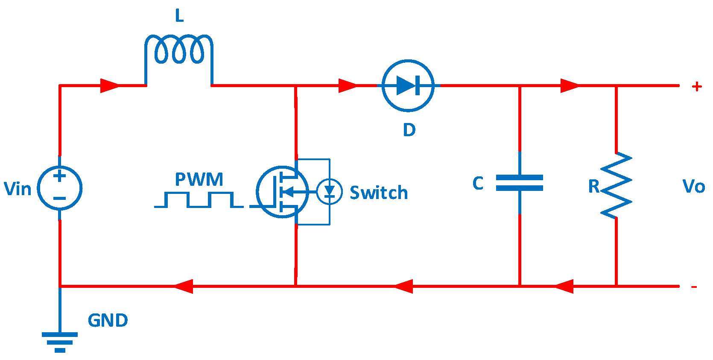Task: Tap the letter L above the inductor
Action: point(179,16)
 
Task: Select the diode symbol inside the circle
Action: point(408,85)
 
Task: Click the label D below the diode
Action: point(409,130)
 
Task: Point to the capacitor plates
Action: point(520,183)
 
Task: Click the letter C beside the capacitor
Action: point(478,183)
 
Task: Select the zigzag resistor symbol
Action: point(616,185)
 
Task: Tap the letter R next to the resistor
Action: point(594,186)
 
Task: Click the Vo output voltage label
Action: point(693,187)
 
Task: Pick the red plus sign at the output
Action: point(697,86)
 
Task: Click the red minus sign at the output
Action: point(694,287)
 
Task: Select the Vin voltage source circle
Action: point(60,188)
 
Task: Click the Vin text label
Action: point(18,189)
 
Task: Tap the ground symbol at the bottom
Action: point(60,342)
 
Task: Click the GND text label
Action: point(108,320)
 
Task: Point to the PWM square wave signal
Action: point(199,200)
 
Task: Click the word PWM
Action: point(199,179)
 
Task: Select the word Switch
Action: point(379,193)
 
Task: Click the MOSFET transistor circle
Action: point(282,192)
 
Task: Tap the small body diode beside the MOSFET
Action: point(330,192)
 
